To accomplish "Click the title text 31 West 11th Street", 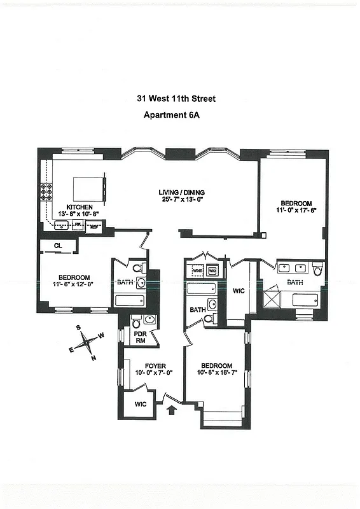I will [x=176, y=99].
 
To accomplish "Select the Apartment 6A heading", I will [x=176, y=115].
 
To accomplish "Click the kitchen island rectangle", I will [x=87, y=188].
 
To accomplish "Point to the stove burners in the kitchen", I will [x=46, y=193].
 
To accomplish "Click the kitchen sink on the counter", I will [x=63, y=225].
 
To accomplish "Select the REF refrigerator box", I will [x=95, y=225].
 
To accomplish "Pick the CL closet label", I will [x=57, y=246].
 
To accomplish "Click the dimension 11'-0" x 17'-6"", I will [x=296, y=209].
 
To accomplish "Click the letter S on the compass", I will [x=79, y=328].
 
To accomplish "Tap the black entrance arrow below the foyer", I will [x=170, y=410].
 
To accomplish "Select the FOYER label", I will [x=155, y=366].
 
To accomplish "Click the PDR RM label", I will [x=140, y=337].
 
